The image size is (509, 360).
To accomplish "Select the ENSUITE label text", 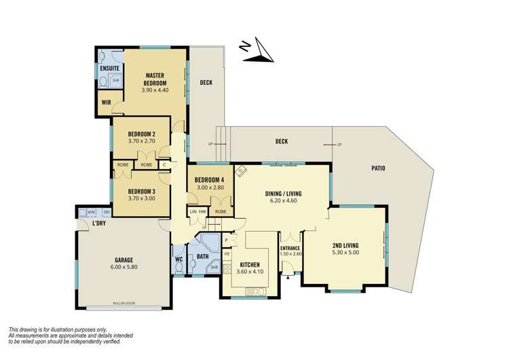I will coord(109,69).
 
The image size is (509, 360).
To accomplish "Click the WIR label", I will coord(107,103).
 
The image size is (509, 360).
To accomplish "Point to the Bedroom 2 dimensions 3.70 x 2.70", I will coord(142,141).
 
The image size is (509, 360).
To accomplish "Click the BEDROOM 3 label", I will coord(142,192).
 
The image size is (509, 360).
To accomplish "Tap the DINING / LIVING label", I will coord(283,194).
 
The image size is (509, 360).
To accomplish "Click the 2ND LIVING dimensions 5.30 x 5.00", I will coord(346,253).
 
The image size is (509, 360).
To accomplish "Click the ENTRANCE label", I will coord(290,248).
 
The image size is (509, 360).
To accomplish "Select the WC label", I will coord(178,259).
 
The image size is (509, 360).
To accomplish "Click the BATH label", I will coord(202,256).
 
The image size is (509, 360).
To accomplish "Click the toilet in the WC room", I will coord(178,269).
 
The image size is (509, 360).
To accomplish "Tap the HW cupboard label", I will coord(203,212).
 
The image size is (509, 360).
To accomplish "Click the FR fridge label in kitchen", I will coord(227,253).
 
